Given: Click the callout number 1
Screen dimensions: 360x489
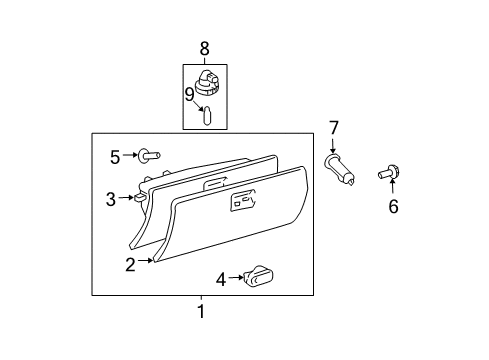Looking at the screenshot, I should [x=200, y=311].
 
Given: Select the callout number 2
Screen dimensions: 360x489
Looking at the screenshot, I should [x=130, y=264].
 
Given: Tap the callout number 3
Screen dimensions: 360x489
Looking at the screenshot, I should [x=111, y=199].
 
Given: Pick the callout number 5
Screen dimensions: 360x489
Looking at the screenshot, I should [x=115, y=156].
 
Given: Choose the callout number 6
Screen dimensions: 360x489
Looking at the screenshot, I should [x=393, y=206].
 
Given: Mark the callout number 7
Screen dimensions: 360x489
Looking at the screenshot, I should [x=334, y=127].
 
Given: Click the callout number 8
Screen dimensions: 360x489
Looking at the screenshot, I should [x=204, y=47].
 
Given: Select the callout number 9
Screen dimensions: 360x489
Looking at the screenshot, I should [x=190, y=95].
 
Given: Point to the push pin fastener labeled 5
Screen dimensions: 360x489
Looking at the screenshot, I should [x=149, y=156].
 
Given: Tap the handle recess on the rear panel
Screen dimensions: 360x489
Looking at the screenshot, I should [x=213, y=183].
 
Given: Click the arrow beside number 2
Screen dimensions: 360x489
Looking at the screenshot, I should [x=146, y=262].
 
